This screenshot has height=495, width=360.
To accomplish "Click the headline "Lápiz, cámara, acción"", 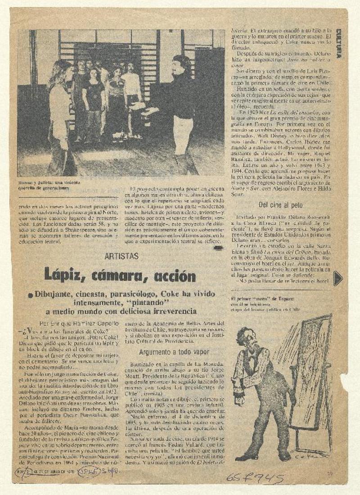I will [119, 274].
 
